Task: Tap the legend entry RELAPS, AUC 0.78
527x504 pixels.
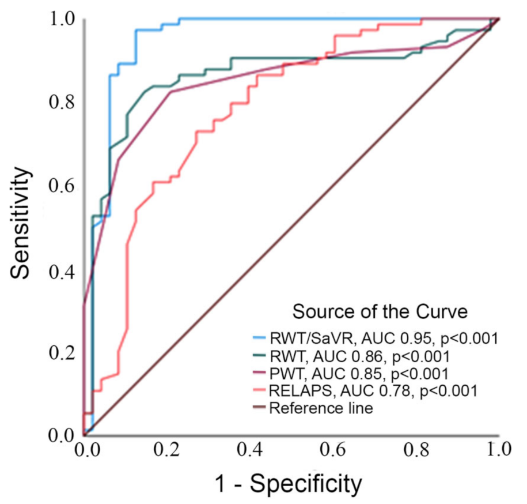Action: coord(373,390)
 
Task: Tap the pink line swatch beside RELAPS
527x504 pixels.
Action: coord(260,390)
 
